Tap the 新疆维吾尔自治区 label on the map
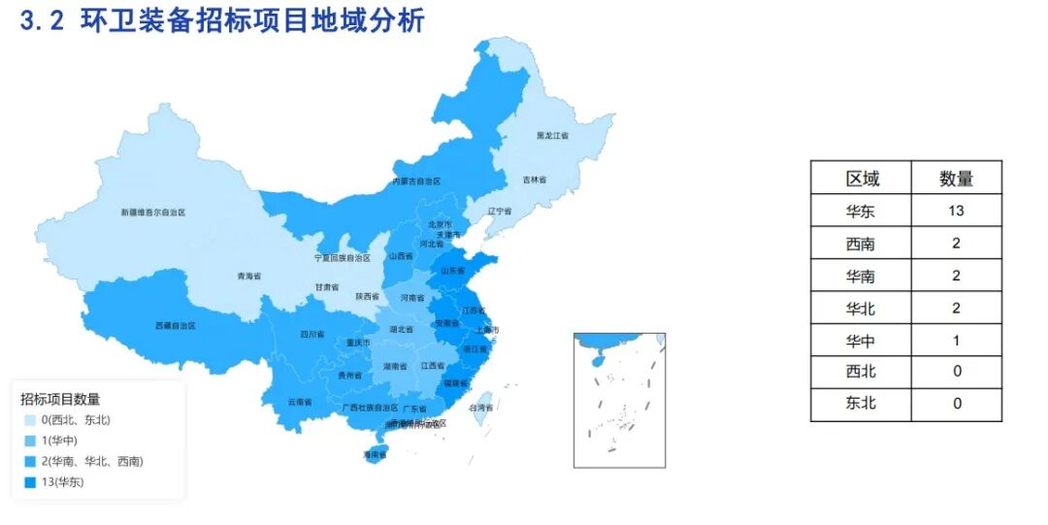[x=153, y=212]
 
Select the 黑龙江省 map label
[x=552, y=136]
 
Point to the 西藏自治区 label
[x=176, y=326]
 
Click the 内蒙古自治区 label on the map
[x=416, y=181]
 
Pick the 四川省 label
[x=311, y=334]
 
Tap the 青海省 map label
[x=249, y=277]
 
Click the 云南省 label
[x=300, y=402]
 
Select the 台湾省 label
[x=481, y=408]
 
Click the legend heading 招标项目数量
[x=61, y=399]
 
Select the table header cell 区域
[x=862, y=179]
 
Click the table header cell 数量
[x=956, y=179]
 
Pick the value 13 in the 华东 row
[x=956, y=211]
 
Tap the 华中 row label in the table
[x=862, y=341]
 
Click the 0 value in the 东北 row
[x=956, y=402]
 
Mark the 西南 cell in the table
[x=862, y=243]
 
